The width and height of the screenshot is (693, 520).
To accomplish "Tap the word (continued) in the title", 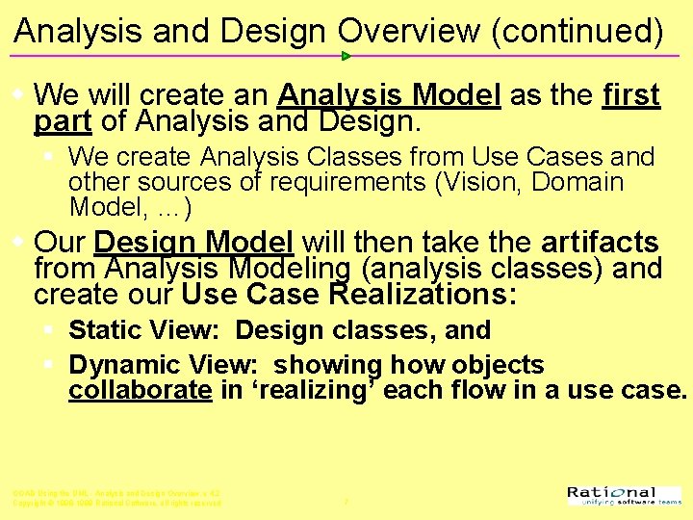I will [x=577, y=32].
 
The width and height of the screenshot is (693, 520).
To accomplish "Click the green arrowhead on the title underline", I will [x=346, y=56].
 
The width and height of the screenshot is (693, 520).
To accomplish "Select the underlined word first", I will [x=630, y=95].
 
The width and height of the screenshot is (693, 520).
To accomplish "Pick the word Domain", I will [x=577, y=182].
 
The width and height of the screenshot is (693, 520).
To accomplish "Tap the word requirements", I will [x=304, y=182].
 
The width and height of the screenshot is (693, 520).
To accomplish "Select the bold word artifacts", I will [x=600, y=242].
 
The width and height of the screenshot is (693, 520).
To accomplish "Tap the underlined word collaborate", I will [x=140, y=390].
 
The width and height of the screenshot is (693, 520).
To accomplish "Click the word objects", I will [x=497, y=365].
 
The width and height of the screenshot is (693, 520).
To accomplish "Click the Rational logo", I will [x=624, y=496].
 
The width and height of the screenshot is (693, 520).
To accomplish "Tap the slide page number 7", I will [x=346, y=502].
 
